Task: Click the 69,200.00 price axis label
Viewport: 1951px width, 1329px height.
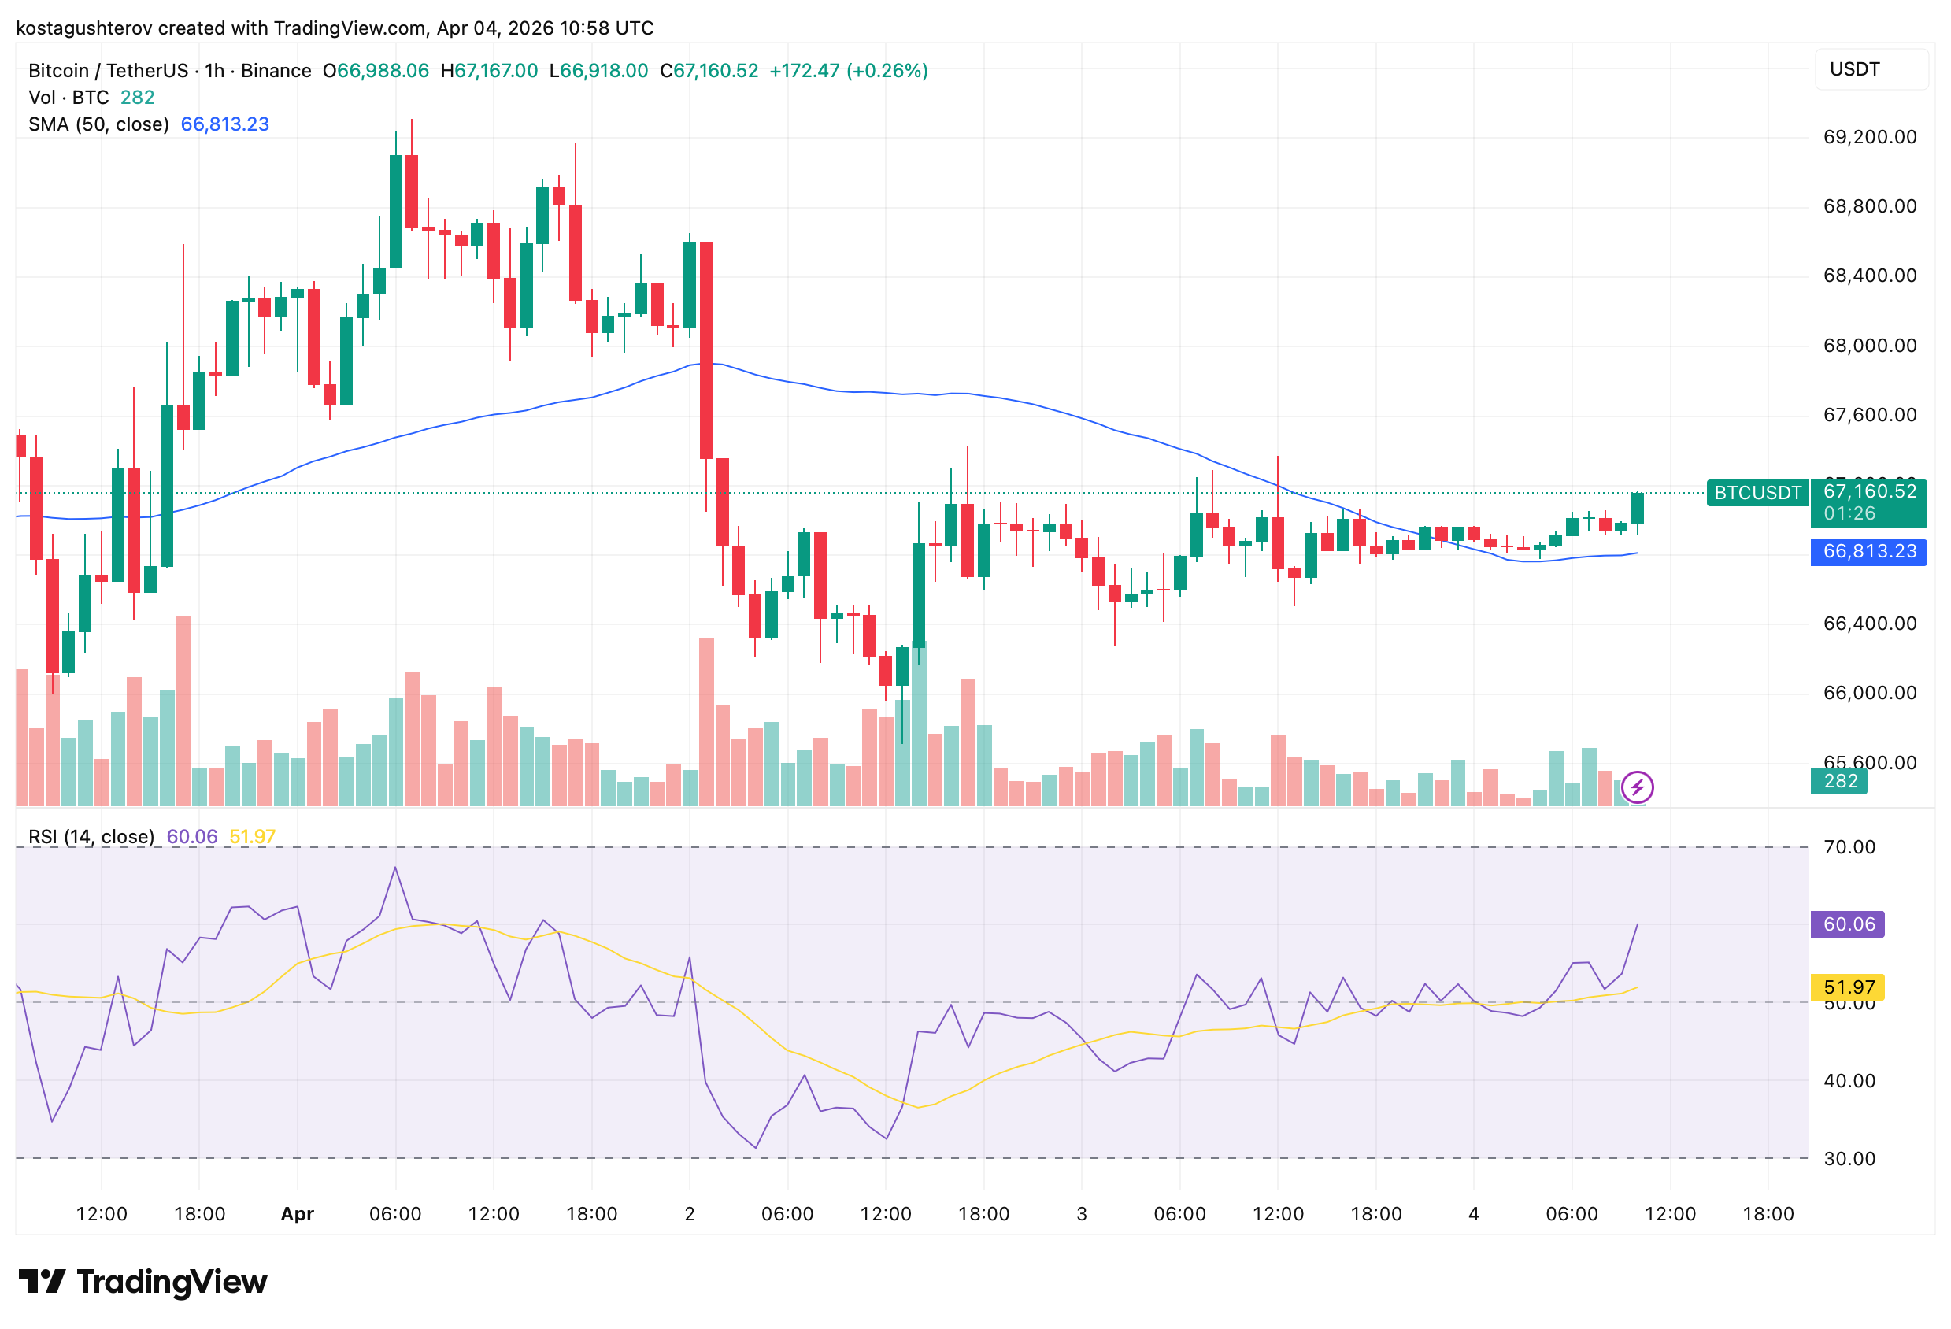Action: click(1869, 137)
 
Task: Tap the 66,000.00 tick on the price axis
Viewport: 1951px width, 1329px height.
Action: click(1869, 693)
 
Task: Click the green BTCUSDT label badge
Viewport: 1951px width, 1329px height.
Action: click(1757, 493)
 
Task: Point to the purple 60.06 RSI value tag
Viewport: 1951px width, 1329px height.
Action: click(1848, 924)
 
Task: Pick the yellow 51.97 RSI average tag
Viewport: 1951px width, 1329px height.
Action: click(1848, 987)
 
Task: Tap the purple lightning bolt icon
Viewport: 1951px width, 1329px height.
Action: click(1637, 787)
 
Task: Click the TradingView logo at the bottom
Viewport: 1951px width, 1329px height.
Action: click(143, 1282)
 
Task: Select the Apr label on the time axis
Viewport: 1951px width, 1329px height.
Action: click(297, 1213)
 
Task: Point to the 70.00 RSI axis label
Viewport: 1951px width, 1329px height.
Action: click(1849, 846)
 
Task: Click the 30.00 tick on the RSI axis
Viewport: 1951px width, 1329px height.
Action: click(1849, 1159)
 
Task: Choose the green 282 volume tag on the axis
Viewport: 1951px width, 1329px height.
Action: click(1838, 781)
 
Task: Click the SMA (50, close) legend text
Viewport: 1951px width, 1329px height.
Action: click(98, 124)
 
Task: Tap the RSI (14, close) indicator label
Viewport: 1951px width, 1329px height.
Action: click(91, 836)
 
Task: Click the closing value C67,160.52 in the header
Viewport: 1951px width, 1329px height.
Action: click(709, 71)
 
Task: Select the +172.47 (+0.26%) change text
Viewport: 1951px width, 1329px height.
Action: click(848, 71)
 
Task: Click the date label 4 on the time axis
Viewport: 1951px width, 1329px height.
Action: click(1473, 1213)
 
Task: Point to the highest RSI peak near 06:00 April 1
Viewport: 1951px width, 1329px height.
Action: click(395, 868)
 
